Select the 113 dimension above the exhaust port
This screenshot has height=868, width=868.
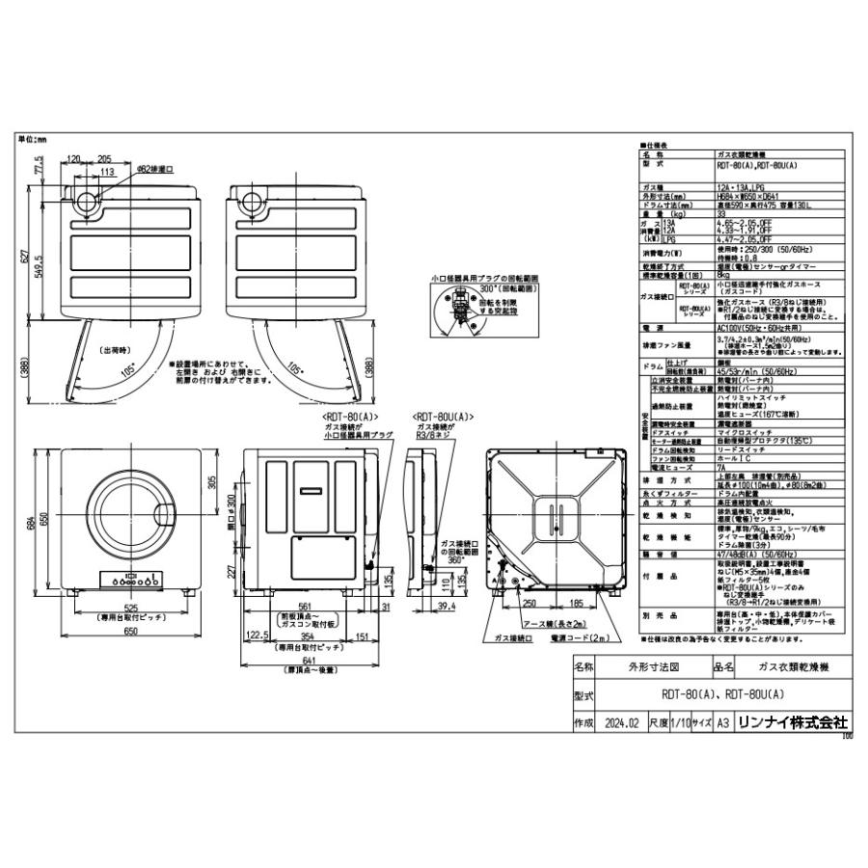point(108,173)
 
